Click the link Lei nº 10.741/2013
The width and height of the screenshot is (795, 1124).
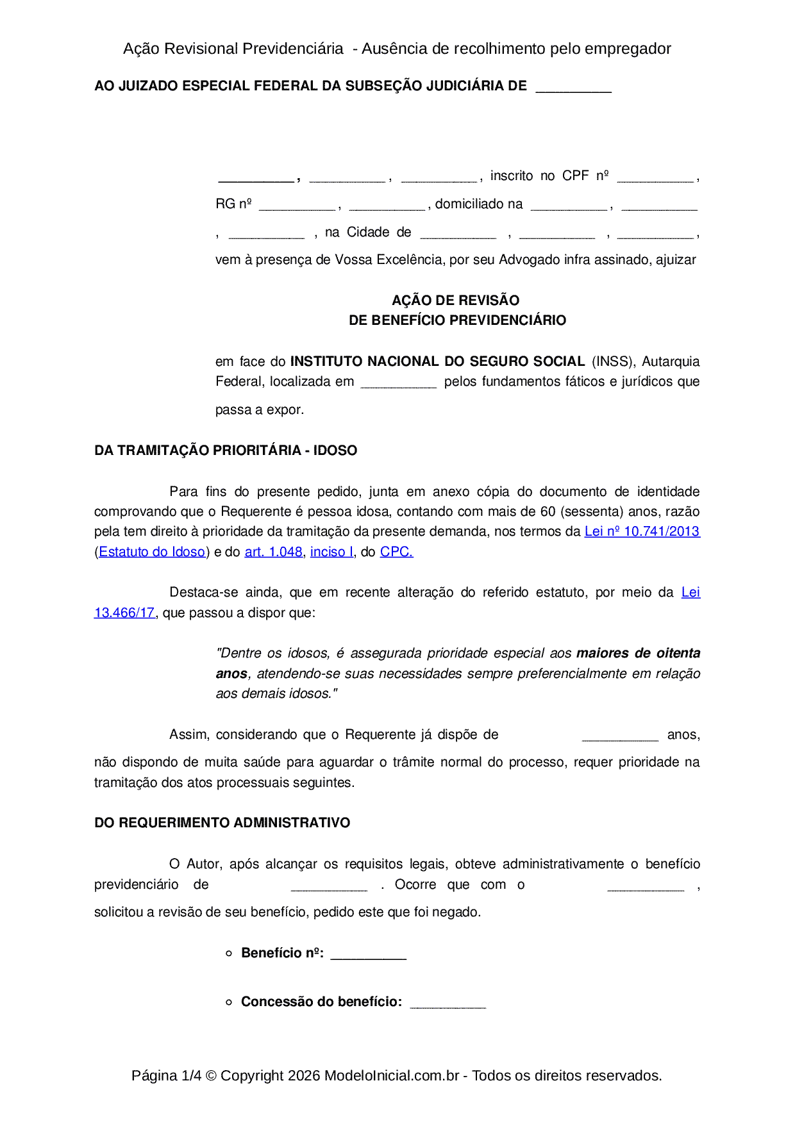(x=642, y=531)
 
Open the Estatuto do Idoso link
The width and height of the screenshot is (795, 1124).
(x=152, y=552)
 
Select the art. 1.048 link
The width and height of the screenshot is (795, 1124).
(x=273, y=552)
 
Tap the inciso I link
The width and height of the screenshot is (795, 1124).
(x=331, y=552)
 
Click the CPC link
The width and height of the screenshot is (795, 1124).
(x=396, y=552)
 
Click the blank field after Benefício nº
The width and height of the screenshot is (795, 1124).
(x=369, y=954)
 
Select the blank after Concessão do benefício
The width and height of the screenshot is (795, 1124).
(x=448, y=1003)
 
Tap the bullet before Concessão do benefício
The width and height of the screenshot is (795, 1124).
(x=229, y=1002)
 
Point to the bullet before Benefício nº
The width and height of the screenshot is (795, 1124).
(x=229, y=954)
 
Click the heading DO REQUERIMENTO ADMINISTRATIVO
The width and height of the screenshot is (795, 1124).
(x=222, y=823)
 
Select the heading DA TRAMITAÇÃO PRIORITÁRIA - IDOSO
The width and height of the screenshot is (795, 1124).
(x=226, y=450)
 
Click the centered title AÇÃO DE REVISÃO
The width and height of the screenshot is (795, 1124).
(x=456, y=300)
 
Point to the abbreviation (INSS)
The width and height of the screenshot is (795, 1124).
(x=613, y=361)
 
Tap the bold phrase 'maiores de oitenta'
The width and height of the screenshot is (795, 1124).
(x=638, y=653)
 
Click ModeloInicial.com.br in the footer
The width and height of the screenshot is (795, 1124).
(x=392, y=1075)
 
